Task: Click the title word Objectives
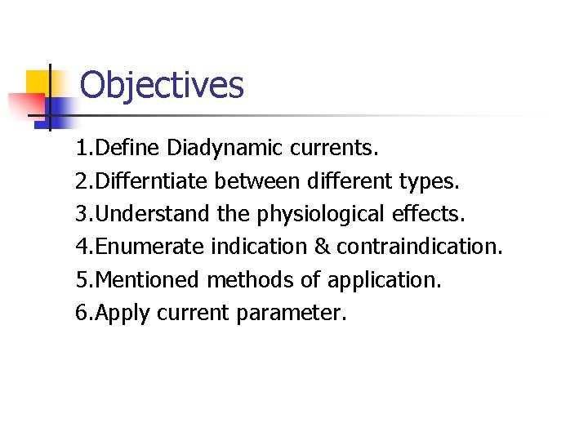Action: (162, 85)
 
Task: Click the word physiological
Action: (321, 214)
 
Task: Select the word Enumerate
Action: (151, 247)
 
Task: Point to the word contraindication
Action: (419, 247)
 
